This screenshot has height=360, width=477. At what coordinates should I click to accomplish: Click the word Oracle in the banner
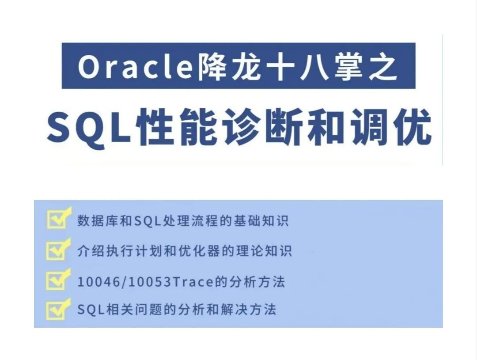(x=135, y=67)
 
